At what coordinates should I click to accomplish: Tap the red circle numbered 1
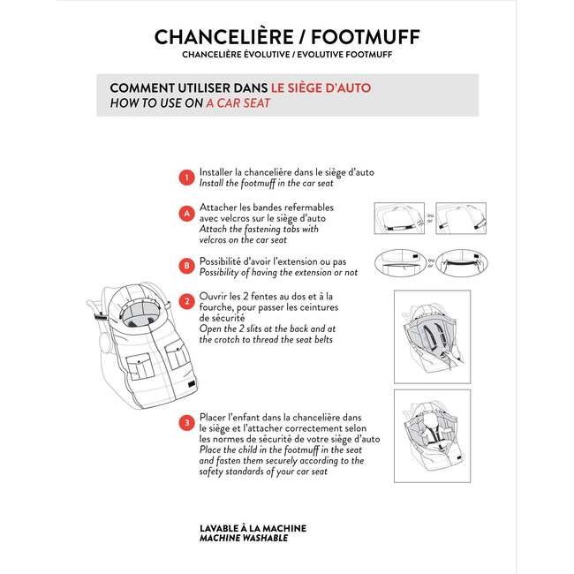pos(185,177)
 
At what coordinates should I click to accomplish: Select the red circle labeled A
pos(185,214)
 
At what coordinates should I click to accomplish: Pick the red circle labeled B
pos(185,264)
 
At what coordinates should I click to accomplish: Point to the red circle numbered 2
pos(185,301)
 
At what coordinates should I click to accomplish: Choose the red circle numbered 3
pos(185,423)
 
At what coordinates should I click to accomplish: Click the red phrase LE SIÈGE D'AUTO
pos(321,88)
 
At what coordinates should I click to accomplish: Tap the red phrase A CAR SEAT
pos(238,103)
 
